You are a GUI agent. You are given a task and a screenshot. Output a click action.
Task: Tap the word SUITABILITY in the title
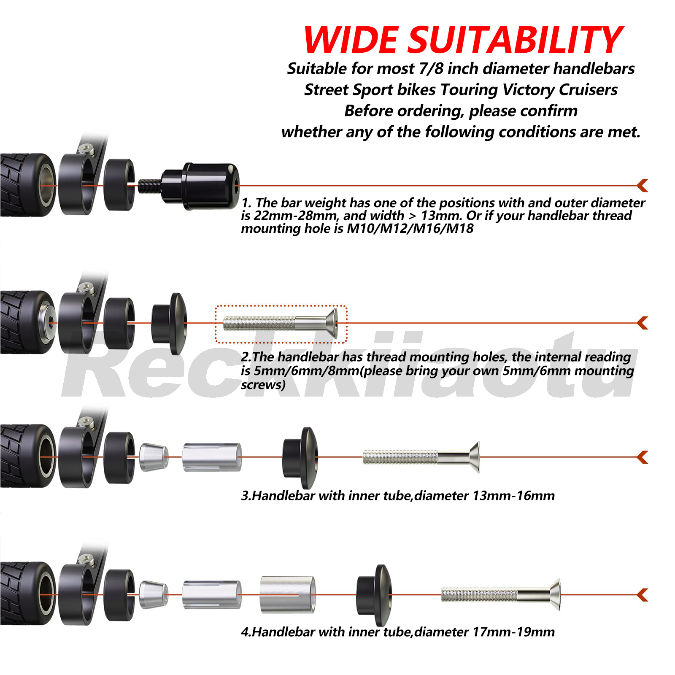point(516,40)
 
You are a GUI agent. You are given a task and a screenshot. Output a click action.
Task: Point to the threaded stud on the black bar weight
point(149,185)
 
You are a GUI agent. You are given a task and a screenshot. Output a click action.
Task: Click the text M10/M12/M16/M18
point(410,229)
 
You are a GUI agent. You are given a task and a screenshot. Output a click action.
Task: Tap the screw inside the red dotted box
point(280,324)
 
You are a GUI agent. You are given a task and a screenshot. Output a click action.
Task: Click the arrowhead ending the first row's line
point(643,185)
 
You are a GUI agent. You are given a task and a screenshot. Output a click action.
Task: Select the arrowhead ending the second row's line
point(643,323)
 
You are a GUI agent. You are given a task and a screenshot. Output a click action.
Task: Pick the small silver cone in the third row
point(153,457)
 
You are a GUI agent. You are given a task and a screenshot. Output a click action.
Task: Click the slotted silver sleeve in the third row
point(212,457)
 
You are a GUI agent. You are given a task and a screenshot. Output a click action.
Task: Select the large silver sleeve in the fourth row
point(287,595)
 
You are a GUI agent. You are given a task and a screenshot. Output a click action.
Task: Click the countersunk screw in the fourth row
point(501,595)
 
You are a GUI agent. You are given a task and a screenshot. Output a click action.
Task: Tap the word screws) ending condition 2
point(263,385)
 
